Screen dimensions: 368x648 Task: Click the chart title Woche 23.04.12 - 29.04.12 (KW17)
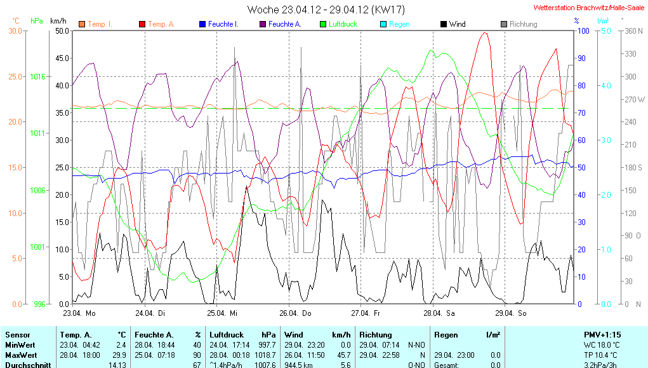point(326,10)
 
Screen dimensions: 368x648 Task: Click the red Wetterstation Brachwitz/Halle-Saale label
point(589,8)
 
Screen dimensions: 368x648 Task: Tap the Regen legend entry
point(399,24)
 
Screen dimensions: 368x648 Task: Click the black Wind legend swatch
point(443,24)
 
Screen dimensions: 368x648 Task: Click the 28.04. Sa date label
point(442,313)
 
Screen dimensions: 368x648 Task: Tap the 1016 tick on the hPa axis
point(37,76)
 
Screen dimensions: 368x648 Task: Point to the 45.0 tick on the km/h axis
point(62,58)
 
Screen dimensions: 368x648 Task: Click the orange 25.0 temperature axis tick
point(15,76)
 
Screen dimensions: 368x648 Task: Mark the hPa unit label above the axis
point(37,20)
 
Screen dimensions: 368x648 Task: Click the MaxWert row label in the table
point(21,355)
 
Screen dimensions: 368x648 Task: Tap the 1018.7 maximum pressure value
point(265,355)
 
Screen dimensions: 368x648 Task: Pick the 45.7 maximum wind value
point(342,355)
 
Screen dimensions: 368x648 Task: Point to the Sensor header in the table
point(18,334)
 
